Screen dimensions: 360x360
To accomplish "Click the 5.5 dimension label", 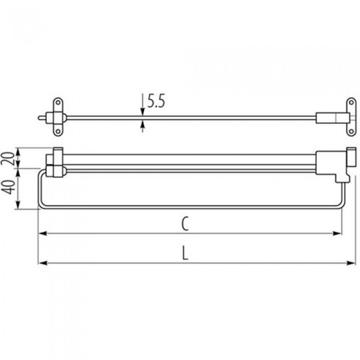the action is pyautogui.click(x=156, y=101).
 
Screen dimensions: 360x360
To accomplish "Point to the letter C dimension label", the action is pyautogui.click(x=185, y=224).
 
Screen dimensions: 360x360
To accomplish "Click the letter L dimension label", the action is pyautogui.click(x=185, y=253).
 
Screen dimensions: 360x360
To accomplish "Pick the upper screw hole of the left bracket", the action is pyautogui.click(x=58, y=102).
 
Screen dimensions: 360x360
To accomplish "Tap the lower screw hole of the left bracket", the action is pyautogui.click(x=58, y=132).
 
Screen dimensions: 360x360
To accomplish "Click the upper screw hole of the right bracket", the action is pyautogui.click(x=351, y=102).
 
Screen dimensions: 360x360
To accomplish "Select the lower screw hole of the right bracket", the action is pyautogui.click(x=351, y=132).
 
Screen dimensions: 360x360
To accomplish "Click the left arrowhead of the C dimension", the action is pyautogui.click(x=43, y=233).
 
